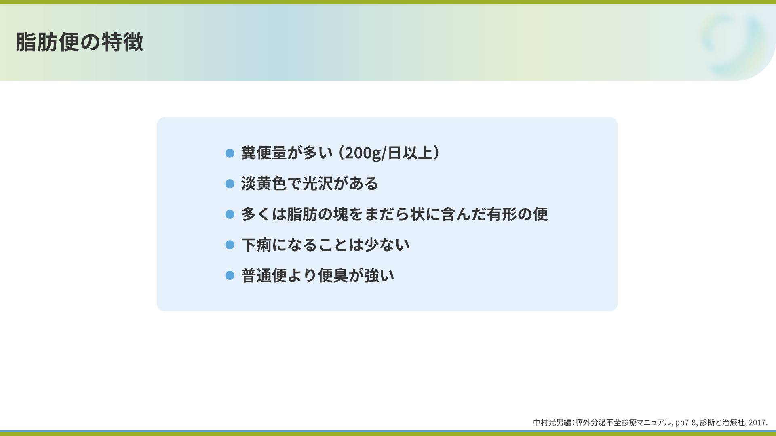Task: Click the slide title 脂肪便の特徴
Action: pos(80,42)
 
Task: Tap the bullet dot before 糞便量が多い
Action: pos(230,153)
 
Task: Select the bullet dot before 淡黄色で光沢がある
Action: pos(230,184)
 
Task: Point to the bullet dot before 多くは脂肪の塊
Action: pos(230,214)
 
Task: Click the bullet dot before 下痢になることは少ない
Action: pos(230,245)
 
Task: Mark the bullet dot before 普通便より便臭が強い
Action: pos(230,275)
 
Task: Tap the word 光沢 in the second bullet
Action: pos(318,184)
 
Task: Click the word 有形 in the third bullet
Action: pos(502,214)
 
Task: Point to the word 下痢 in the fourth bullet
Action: pos(257,245)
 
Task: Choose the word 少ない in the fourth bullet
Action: pos(387,245)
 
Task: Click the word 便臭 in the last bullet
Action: pos(333,275)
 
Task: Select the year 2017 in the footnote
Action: pos(757,423)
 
